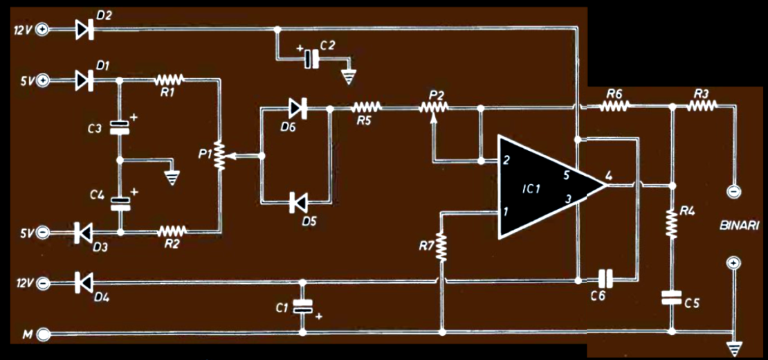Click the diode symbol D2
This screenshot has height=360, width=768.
[85, 29]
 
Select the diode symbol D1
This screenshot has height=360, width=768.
[85, 80]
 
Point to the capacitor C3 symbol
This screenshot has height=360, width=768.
[120, 127]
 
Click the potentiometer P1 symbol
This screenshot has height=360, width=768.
[219, 156]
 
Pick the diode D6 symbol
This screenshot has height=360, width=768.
[298, 107]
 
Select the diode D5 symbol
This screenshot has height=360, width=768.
[298, 202]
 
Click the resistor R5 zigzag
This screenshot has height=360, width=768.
[367, 107]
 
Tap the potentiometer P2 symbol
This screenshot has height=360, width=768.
[434, 107]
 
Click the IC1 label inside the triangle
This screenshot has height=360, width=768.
[531, 188]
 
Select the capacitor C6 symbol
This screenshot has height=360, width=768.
[606, 280]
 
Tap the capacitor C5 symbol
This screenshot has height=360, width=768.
[671, 298]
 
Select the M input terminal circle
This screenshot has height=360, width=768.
[44, 336]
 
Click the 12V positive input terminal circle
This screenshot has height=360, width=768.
[44, 29]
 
